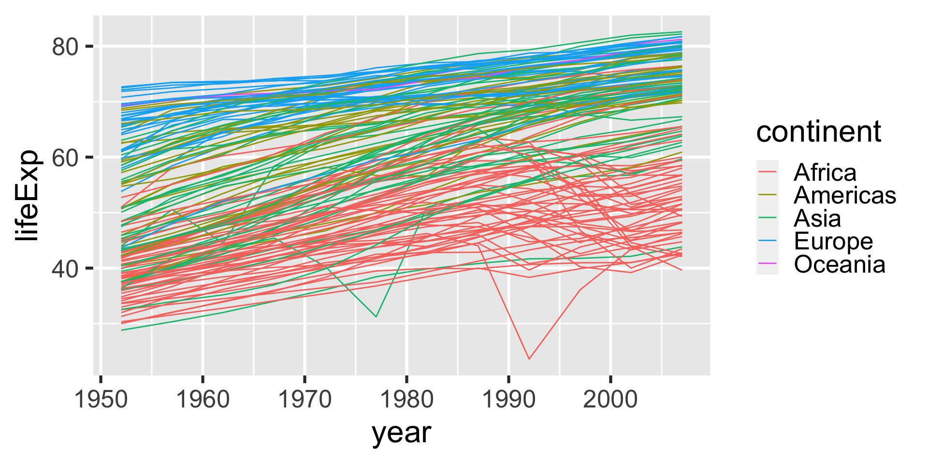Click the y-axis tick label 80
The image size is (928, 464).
[x=65, y=47]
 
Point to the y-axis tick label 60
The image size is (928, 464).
[x=65, y=158]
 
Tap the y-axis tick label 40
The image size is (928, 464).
[x=65, y=269]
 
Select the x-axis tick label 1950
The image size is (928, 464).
[x=101, y=400]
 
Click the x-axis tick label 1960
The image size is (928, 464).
[x=203, y=400]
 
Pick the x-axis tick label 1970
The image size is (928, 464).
[x=304, y=400]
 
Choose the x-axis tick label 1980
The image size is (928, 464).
[x=407, y=400]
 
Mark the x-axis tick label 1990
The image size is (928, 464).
[x=509, y=400]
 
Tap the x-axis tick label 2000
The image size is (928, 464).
[x=611, y=400]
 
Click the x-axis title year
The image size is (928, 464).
[x=401, y=433]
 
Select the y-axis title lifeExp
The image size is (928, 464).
[x=27, y=196]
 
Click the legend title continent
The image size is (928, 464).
[x=819, y=131]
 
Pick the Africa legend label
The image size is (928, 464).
[x=825, y=172]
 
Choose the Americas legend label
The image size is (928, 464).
[x=845, y=195]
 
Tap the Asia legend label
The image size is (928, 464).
[x=817, y=218]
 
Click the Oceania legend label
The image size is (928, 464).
[x=840, y=264]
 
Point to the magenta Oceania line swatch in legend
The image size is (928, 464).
[x=768, y=263]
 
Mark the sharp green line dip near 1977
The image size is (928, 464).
[x=376, y=317]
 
